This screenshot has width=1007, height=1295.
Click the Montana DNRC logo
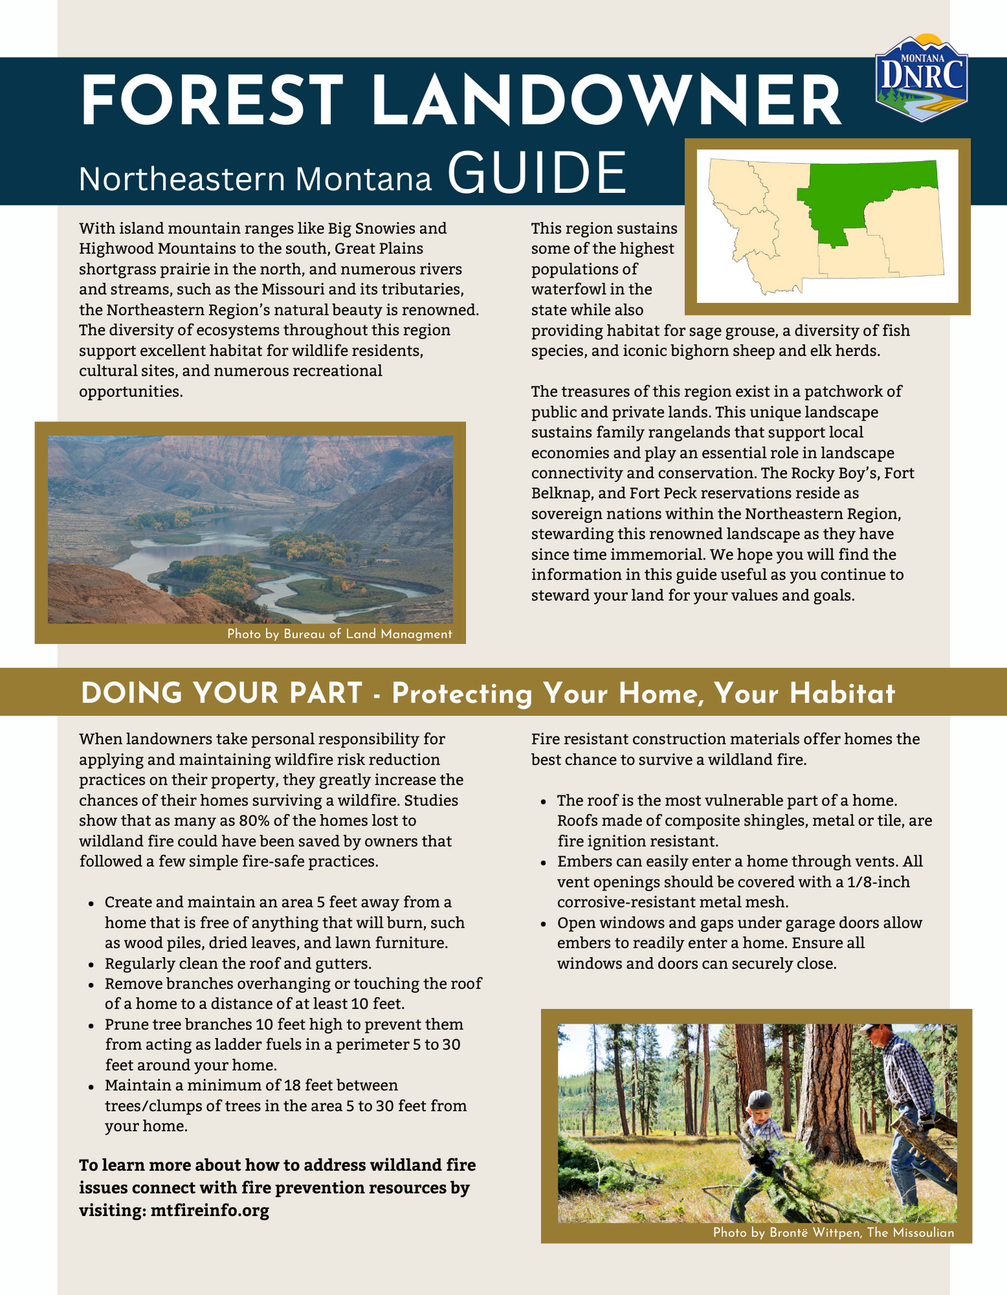click(x=922, y=78)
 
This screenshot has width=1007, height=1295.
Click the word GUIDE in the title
click(x=537, y=174)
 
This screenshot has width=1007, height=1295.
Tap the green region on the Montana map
click(x=861, y=194)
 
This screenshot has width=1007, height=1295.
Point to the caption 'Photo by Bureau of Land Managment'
click(x=339, y=634)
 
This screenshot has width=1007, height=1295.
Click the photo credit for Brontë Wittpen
click(x=833, y=1233)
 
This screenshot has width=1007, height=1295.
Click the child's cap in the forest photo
click(x=760, y=1099)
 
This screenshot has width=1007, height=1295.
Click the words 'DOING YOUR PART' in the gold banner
click(x=221, y=693)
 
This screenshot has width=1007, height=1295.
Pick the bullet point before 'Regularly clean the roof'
click(x=91, y=964)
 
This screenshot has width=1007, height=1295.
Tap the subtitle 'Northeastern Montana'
click(x=255, y=179)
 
